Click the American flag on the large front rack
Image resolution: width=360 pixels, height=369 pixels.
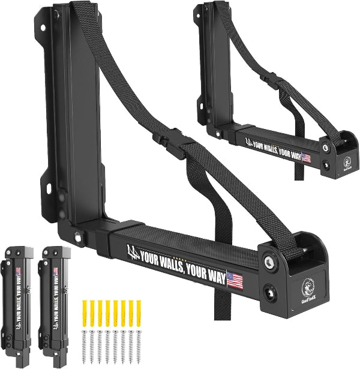(x=235, y=280)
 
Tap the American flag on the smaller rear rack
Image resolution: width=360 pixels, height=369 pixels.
(x=306, y=158)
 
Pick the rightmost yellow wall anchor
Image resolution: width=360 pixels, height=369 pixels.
(x=139, y=312)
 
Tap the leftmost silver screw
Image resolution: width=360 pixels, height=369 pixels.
(x=84, y=346)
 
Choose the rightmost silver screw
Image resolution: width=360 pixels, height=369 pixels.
(x=139, y=346)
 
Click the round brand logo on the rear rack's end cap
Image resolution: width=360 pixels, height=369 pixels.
(x=347, y=163)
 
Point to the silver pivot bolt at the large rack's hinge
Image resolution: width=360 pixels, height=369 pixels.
(x=77, y=238)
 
